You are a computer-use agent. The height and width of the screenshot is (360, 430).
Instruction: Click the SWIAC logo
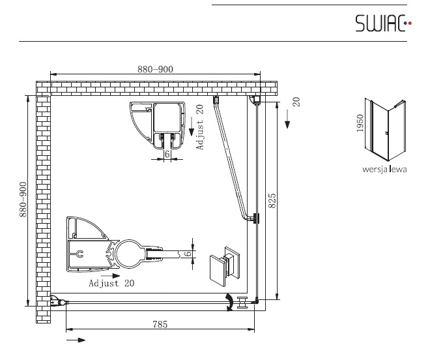(x=383, y=23)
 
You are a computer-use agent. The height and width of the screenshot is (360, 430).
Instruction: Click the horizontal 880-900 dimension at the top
(x=155, y=69)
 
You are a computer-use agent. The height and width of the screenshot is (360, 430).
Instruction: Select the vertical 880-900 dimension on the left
(x=23, y=200)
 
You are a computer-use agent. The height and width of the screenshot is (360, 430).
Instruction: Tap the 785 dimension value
(x=160, y=324)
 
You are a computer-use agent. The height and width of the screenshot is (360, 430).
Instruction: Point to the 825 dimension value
(x=272, y=200)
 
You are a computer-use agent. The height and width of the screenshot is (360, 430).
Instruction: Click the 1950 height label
(x=360, y=123)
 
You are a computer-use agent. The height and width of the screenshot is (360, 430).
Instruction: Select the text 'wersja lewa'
(x=384, y=169)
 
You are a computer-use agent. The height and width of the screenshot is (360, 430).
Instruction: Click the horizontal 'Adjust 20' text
(x=111, y=283)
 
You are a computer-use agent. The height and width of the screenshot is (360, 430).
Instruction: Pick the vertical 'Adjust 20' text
(x=200, y=127)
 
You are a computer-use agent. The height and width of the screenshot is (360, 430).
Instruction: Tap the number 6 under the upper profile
(x=167, y=155)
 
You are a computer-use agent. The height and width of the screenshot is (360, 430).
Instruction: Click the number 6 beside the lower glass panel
(x=188, y=253)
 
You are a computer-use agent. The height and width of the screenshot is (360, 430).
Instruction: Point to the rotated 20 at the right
(x=296, y=102)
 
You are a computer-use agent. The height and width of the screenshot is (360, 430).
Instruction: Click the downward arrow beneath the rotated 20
(x=287, y=119)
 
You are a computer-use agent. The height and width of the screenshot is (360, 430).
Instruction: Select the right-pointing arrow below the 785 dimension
(x=76, y=340)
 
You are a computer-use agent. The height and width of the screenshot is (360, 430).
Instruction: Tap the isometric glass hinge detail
(x=225, y=266)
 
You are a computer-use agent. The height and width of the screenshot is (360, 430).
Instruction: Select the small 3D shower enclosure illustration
(x=385, y=130)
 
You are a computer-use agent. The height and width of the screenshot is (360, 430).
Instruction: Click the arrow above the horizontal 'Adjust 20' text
(x=111, y=276)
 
